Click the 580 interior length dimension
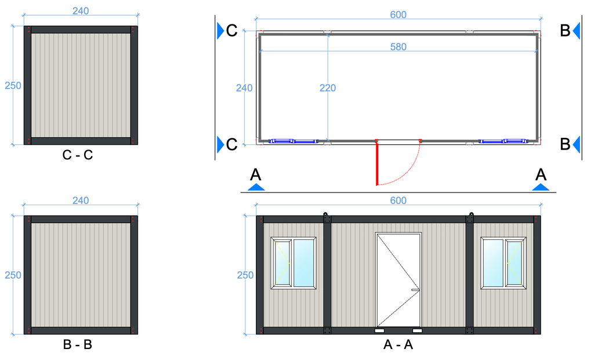pyautogui.click(x=398, y=47)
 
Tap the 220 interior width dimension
pyautogui.click(x=327, y=88)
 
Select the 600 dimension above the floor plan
pyautogui.click(x=398, y=14)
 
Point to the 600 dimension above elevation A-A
pyautogui.click(x=398, y=200)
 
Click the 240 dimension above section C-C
pyautogui.click(x=81, y=11)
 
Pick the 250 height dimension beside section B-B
pyautogui.click(x=13, y=275)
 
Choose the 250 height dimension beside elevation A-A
pyautogui.click(x=245, y=275)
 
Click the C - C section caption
pyautogui.click(x=78, y=155)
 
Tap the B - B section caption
pyautogui.click(x=78, y=344)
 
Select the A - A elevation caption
pyautogui.click(x=398, y=344)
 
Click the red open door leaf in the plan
pyautogui.click(x=377, y=163)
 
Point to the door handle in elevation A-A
pyautogui.click(x=415, y=290)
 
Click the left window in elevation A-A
pyautogui.click(x=294, y=263)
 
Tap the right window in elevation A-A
pyautogui.click(x=504, y=263)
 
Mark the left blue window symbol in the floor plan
pyautogui.click(x=293, y=141)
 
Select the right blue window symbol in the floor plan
pyautogui.click(x=503, y=141)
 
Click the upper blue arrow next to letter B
pyautogui.click(x=577, y=31)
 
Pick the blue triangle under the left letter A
pyautogui.click(x=256, y=187)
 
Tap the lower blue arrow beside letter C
pyautogui.click(x=220, y=144)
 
